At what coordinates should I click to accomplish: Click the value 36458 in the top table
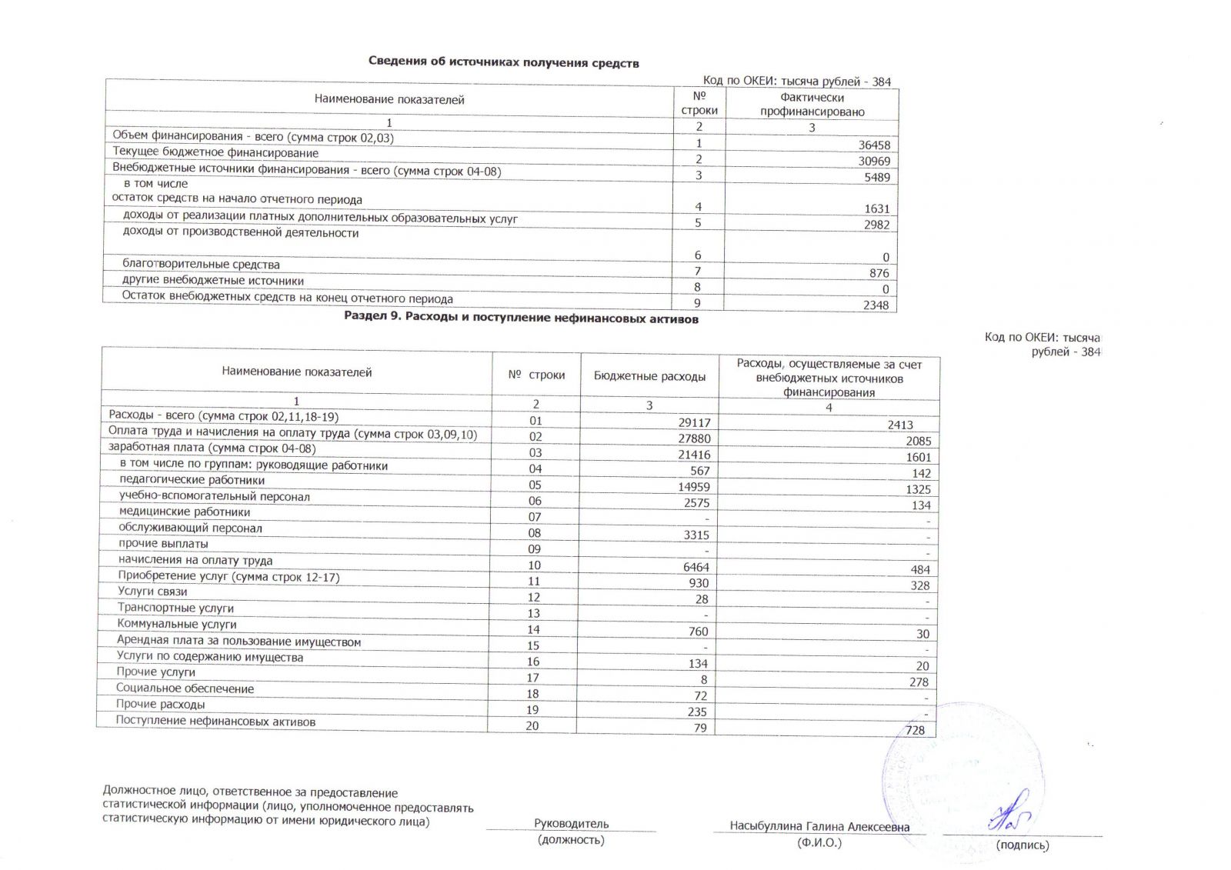coord(874,145)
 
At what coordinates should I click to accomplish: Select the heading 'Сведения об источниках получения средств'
coord(503,62)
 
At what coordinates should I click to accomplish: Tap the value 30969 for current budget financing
coord(874,161)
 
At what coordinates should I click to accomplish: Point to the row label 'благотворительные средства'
coord(201,264)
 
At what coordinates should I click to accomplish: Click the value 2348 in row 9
coord(876,305)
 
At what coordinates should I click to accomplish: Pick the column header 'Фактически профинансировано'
coord(812,105)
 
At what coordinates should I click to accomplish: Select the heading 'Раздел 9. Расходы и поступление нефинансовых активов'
coord(521,318)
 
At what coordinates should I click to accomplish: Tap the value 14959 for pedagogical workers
coord(694,486)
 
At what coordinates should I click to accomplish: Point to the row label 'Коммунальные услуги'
coord(176,624)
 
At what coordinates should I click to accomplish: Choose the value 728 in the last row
coord(915,730)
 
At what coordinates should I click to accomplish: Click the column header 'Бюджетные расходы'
coord(649,376)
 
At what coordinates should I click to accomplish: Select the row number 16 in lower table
coord(533,662)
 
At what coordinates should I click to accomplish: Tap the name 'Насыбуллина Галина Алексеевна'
coord(819,826)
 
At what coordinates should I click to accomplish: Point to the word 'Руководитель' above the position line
coord(571,823)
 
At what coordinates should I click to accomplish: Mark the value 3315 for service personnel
coord(696,535)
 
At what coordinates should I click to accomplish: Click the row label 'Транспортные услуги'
coord(175,608)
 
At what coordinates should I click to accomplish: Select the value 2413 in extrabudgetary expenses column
coord(900,425)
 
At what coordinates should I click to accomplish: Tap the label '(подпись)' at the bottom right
coord(1022,845)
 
